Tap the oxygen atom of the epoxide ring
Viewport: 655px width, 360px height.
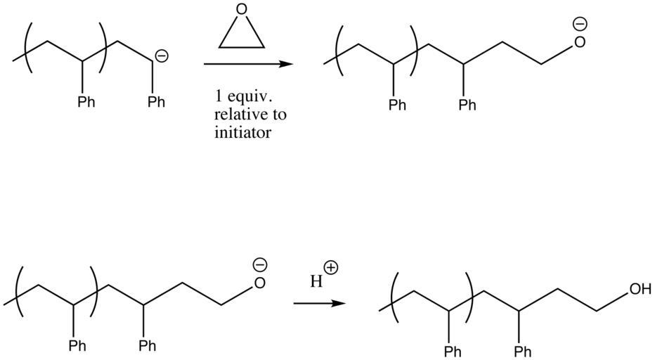pos(242,10)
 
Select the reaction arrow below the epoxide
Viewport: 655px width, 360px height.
pos(248,65)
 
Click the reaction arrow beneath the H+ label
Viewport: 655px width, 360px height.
pos(319,303)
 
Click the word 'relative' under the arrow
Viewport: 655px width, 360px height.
pos(240,114)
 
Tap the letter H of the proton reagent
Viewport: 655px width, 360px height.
pos(316,281)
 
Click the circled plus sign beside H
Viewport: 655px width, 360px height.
pos(331,268)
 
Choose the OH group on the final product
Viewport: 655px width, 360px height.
pos(640,289)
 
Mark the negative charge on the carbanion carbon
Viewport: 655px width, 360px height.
pos(162,56)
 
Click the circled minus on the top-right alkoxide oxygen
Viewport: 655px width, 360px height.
pos(580,24)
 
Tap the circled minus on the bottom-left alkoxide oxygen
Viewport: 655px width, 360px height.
pos(259,265)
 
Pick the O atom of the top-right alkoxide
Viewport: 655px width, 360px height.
pos(580,41)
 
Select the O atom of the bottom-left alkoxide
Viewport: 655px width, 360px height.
pos(259,283)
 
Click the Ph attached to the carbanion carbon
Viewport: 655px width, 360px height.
pos(156,102)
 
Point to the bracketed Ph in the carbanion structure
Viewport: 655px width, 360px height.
pos(86,102)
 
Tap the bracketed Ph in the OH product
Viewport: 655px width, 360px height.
pos(453,352)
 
